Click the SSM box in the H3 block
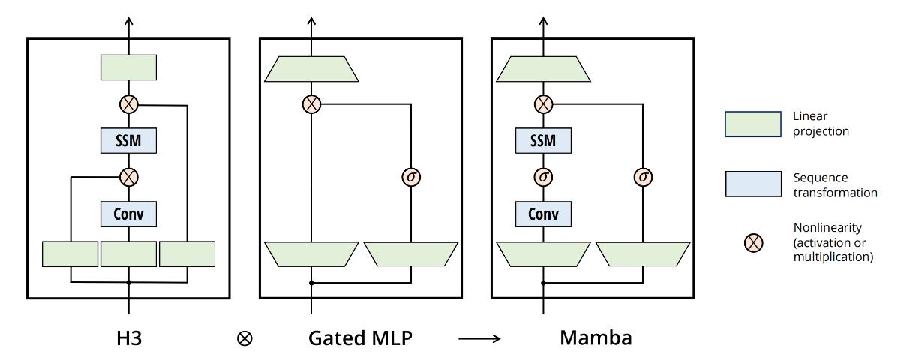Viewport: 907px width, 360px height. (x=128, y=140)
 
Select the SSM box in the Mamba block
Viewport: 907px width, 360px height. (x=542, y=140)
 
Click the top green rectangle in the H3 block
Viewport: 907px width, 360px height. (x=128, y=67)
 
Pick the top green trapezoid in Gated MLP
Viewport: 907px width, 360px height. (x=311, y=68)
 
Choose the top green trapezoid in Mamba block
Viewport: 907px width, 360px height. (x=542, y=68)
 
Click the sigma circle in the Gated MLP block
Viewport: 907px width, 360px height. (x=411, y=178)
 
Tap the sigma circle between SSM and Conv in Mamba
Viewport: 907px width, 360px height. (x=542, y=178)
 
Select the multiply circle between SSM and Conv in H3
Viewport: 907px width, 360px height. (x=128, y=177)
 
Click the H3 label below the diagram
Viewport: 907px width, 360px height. (x=128, y=337)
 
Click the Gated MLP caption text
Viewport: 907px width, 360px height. (x=360, y=337)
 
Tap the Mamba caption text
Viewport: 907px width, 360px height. (x=596, y=337)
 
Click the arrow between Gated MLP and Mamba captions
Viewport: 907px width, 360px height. (x=479, y=339)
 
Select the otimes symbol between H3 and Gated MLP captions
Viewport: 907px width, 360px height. (x=245, y=339)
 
